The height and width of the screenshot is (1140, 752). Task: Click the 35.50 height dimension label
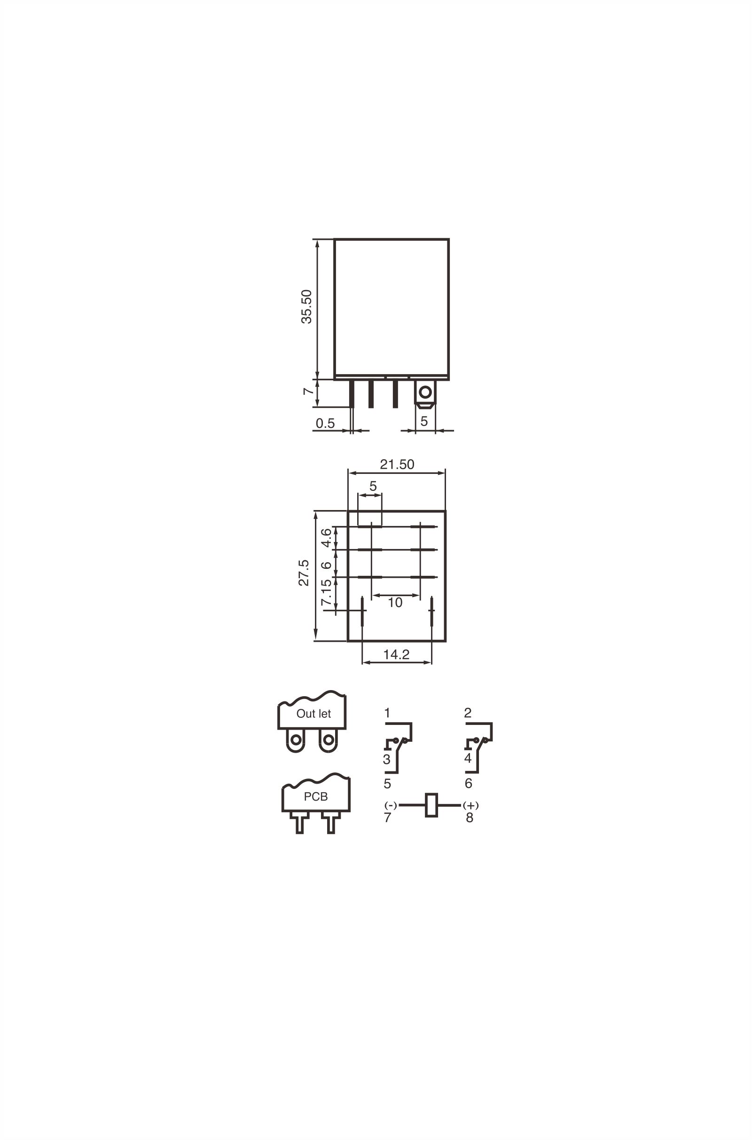[306, 307]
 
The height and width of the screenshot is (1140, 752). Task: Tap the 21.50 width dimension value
[397, 464]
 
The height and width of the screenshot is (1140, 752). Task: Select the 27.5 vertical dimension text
[304, 573]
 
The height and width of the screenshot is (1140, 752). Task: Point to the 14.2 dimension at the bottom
[396, 654]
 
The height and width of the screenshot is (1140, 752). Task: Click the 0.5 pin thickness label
[325, 423]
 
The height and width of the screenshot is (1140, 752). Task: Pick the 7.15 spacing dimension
[326, 592]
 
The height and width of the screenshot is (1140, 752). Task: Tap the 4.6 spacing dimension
[326, 538]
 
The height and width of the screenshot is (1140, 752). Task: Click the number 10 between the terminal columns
[395, 603]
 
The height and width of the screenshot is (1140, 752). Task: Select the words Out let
[313, 714]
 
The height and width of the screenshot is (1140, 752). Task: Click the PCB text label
[315, 797]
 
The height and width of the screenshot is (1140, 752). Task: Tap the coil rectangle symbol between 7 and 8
[431, 805]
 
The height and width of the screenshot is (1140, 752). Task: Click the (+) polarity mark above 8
[470, 805]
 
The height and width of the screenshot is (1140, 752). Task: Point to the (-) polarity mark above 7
[391, 805]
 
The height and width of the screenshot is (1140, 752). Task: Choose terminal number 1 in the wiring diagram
[387, 713]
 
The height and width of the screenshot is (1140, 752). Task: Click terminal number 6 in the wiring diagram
[469, 783]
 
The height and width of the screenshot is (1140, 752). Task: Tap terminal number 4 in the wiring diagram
[468, 758]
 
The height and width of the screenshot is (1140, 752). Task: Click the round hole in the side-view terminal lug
[425, 393]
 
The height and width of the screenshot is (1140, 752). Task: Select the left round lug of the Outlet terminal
[296, 740]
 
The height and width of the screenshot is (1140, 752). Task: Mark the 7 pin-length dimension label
[307, 391]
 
